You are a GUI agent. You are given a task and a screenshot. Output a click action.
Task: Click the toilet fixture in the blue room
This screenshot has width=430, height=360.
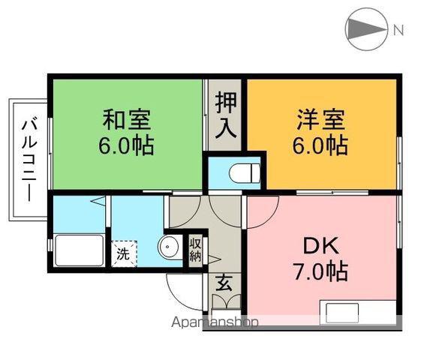tap(245, 173)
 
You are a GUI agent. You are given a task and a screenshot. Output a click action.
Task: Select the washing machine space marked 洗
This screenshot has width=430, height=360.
tap(124, 253)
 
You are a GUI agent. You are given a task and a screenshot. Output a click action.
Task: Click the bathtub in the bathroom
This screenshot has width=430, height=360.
tap(80, 250)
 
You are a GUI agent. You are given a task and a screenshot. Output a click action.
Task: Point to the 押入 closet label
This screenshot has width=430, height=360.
tap(225, 115)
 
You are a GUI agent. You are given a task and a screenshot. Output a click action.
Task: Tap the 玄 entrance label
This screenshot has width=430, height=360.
tap(224, 283)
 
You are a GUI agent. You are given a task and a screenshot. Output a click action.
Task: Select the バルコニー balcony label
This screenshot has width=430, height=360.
tap(29, 159)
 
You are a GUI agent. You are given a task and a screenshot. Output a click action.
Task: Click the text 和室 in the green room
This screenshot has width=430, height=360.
tap(127, 119)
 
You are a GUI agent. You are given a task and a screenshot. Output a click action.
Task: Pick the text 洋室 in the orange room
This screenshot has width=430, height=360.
tap(321, 119)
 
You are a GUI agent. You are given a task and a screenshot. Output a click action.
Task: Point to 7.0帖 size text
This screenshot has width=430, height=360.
tap(321, 271)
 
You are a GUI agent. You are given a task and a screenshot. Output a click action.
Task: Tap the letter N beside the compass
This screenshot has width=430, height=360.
tap(398, 30)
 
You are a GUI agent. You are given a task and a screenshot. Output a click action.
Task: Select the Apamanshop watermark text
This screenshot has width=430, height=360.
tap(215, 322)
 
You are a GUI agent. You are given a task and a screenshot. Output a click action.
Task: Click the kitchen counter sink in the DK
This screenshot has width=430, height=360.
tap(342, 313)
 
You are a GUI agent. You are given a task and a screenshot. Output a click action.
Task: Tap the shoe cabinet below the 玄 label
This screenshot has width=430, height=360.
tap(227, 301)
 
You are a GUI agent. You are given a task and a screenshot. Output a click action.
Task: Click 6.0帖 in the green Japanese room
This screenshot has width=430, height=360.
tap(126, 145)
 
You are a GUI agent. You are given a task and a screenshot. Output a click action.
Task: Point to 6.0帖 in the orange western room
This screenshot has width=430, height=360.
tap(320, 145)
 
